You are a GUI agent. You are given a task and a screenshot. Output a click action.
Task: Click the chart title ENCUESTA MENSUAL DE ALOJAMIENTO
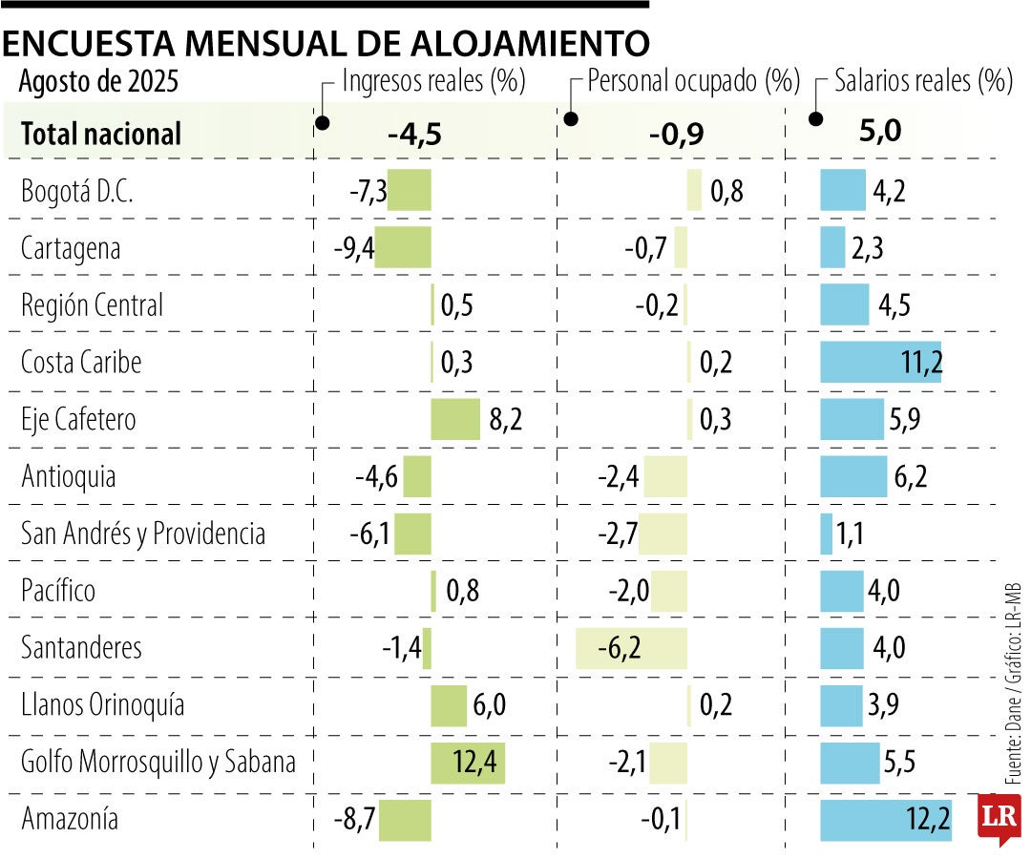pyautogui.click(x=325, y=43)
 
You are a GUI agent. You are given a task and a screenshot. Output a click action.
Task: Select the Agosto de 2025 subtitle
pyautogui.click(x=98, y=82)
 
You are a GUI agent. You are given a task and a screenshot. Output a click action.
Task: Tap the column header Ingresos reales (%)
pyautogui.click(x=434, y=81)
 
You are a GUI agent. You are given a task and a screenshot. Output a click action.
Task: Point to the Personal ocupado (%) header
pyautogui.click(x=693, y=81)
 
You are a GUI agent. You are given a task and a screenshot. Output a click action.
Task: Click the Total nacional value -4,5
pyautogui.click(x=414, y=135)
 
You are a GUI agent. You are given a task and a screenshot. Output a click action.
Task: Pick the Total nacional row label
pyautogui.click(x=101, y=135)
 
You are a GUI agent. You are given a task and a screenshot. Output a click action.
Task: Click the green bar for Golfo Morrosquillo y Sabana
pyautogui.click(x=468, y=763)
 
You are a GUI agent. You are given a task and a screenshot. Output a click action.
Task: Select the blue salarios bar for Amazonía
pyautogui.click(x=885, y=820)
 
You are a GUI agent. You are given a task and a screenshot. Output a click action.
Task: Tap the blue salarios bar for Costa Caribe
pyautogui.click(x=880, y=363)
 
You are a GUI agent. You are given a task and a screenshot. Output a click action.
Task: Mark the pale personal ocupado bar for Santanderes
pyautogui.click(x=631, y=649)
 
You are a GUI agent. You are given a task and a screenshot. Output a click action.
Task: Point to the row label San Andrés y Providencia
pyautogui.click(x=143, y=534)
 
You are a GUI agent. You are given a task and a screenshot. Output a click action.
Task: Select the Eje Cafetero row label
pyautogui.click(x=78, y=420)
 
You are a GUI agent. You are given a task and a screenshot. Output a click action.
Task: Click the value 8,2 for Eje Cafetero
pyautogui.click(x=507, y=420)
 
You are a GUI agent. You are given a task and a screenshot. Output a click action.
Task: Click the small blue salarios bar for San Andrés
pyautogui.click(x=827, y=534)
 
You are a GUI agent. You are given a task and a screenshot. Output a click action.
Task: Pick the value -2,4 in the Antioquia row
pyautogui.click(x=618, y=477)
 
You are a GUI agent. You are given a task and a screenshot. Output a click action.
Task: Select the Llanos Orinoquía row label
pyautogui.click(x=103, y=706)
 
